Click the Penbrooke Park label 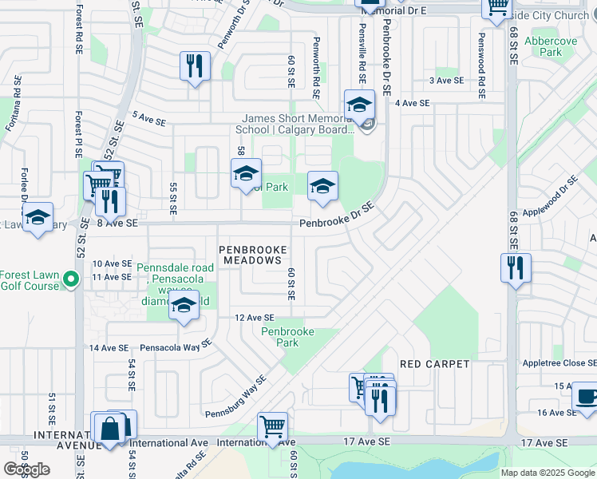coord(287,337)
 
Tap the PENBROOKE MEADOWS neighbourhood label coord(253,255)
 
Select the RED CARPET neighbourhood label coord(435,364)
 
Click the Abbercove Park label coord(540,46)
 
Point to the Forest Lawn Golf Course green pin coord(71,279)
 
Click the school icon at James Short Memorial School coord(359,105)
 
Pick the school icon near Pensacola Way coord(184,307)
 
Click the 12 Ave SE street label coord(255,318)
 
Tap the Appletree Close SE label coord(555,362)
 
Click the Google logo coord(26,469)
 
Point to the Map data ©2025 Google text coord(547,473)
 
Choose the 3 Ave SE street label coord(447,81)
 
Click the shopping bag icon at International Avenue coord(109,430)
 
